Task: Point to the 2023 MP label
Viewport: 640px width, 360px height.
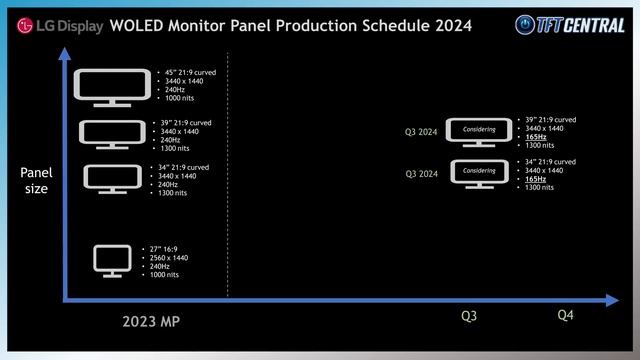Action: point(151,322)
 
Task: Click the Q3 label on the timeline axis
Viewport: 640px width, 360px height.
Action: point(469,316)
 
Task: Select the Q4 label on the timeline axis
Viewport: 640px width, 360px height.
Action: point(565,316)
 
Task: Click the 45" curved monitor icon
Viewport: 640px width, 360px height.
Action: point(115,88)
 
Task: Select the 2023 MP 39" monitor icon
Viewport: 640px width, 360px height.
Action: point(112,134)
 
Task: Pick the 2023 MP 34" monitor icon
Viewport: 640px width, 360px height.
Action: point(112,178)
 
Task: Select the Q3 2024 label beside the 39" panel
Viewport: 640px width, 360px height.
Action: point(424,130)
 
